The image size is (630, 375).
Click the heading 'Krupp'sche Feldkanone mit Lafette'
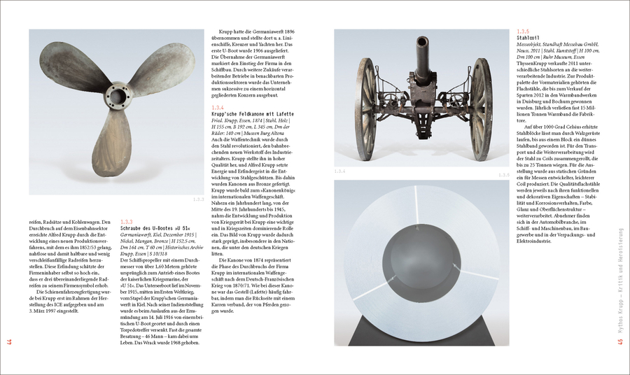(x=252, y=113)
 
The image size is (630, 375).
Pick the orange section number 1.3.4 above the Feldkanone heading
(x=217, y=106)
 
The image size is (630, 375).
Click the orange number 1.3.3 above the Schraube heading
(x=127, y=221)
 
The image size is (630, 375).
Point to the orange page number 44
(x=10, y=341)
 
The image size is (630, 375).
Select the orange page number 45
(x=619, y=341)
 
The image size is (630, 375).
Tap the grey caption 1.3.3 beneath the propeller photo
(x=197, y=199)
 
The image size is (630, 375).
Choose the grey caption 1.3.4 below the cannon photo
(x=339, y=171)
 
